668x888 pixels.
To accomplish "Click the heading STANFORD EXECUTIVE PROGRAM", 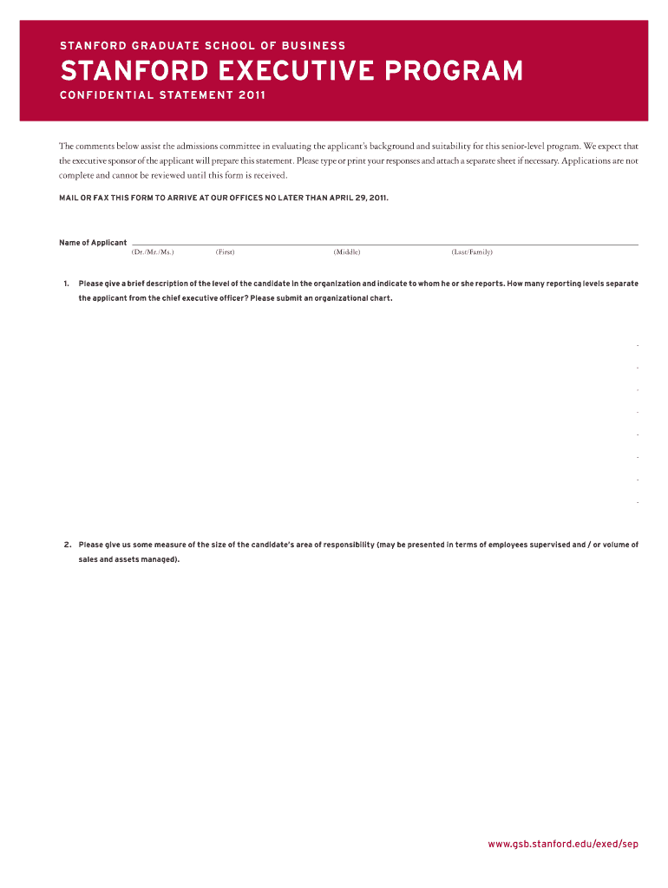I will [x=291, y=70].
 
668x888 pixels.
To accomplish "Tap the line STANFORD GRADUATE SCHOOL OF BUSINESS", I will [x=202, y=45].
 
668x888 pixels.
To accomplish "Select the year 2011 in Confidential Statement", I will [x=252, y=95].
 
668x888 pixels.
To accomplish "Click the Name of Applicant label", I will [x=93, y=243].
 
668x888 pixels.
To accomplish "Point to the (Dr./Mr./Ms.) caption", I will [x=153, y=252].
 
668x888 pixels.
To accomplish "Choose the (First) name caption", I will [x=226, y=252].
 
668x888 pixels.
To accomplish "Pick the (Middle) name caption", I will [x=347, y=252].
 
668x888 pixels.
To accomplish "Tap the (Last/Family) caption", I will [x=472, y=252].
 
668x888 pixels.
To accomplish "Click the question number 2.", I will [x=67, y=545].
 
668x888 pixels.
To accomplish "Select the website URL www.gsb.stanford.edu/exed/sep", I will [x=563, y=844].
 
